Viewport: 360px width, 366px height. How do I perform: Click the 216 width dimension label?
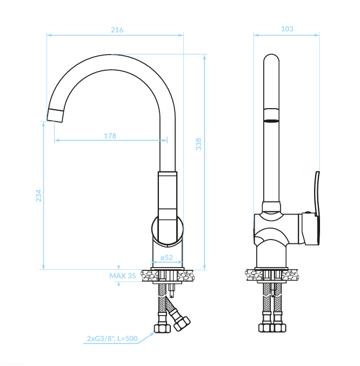tap(117, 30)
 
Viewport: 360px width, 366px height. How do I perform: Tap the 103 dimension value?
tap(287, 29)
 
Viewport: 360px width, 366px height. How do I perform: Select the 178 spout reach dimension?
tap(110, 136)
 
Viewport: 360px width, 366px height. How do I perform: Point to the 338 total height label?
tap(198, 144)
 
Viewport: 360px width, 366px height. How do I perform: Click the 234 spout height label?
tap(38, 196)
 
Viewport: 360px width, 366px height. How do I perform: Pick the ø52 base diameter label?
tap(167, 257)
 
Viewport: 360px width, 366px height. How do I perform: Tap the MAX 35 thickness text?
tap(123, 276)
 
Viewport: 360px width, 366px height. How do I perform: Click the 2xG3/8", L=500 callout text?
tap(112, 338)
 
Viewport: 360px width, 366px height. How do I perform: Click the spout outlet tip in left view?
tap(55, 116)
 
